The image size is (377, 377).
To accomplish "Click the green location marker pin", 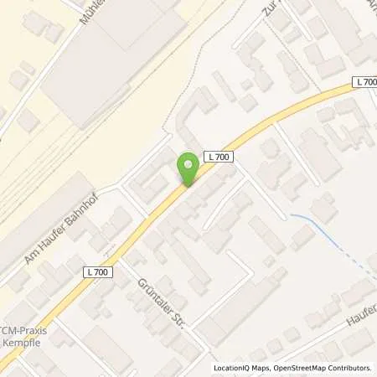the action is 188,168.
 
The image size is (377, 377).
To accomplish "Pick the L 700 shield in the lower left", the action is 97,271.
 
